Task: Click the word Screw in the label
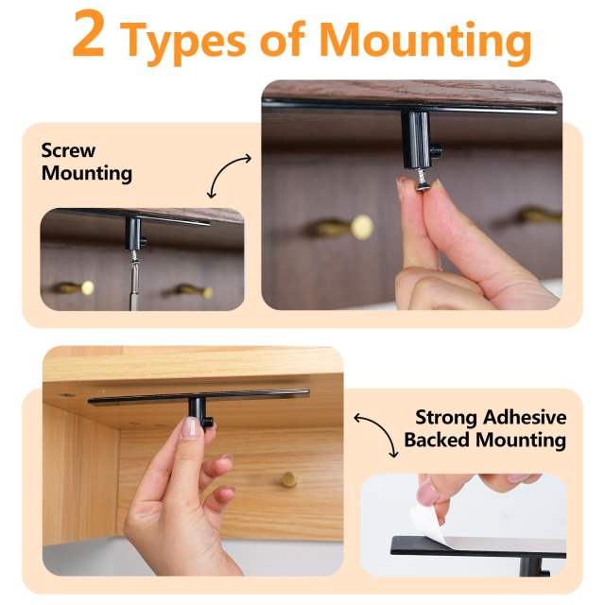[68, 151]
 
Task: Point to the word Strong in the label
[447, 418]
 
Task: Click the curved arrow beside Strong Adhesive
[375, 434]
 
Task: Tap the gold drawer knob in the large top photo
[359, 227]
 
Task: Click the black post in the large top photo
[416, 137]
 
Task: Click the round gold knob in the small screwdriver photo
[87, 286]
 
